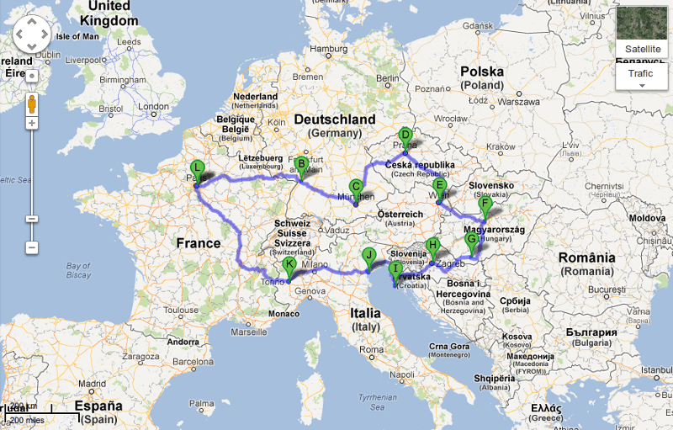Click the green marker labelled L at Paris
point(197,168)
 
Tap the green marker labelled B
point(300,165)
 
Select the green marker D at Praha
point(405,135)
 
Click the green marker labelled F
point(485,204)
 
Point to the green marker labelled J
point(368,256)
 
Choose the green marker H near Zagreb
point(433,247)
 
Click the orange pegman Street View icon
point(32,104)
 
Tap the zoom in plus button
point(32,124)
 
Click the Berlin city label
point(387,79)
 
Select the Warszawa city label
point(517,101)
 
